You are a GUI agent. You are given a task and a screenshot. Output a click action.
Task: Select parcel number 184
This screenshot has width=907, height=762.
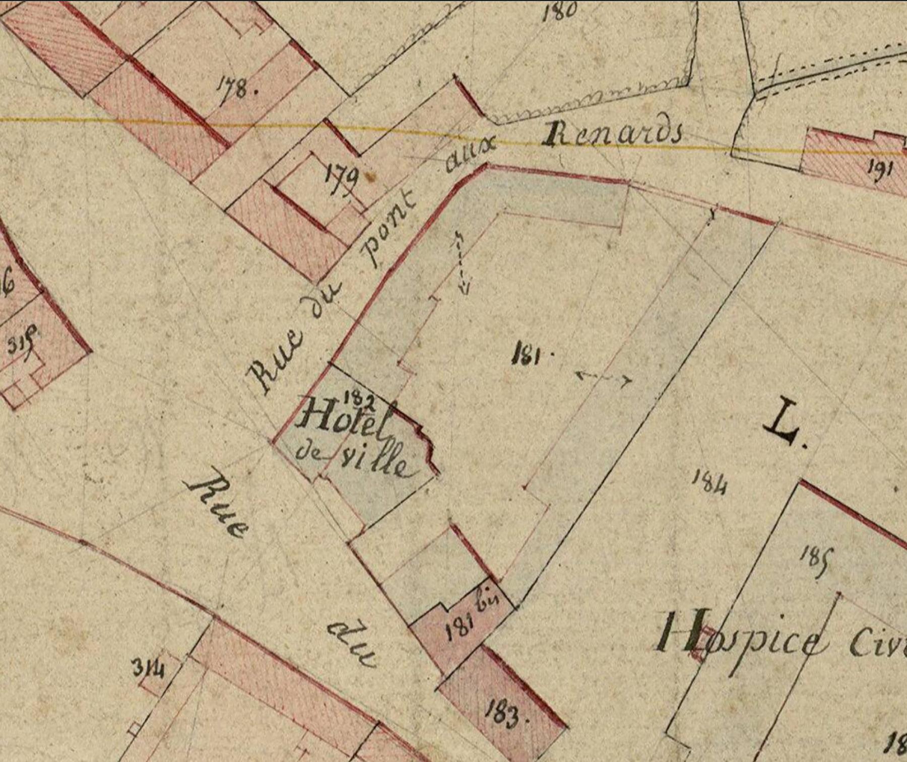(709, 482)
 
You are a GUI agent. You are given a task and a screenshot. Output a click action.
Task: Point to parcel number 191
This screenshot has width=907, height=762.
(879, 167)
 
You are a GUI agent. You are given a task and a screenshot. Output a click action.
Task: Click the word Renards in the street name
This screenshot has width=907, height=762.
(613, 134)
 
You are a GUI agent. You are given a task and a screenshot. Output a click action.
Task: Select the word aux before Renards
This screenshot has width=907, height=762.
(471, 154)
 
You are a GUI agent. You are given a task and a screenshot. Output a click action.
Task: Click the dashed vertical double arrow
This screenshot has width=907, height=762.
(461, 262)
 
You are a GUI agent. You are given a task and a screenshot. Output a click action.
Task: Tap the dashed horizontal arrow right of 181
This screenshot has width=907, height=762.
(603, 378)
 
